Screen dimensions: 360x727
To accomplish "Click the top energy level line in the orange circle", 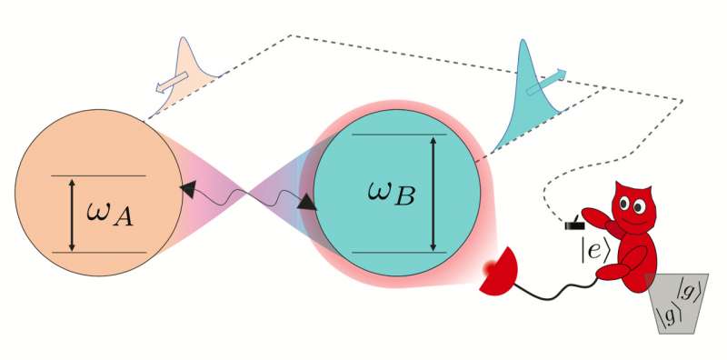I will pyautogui.click(x=98, y=175).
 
